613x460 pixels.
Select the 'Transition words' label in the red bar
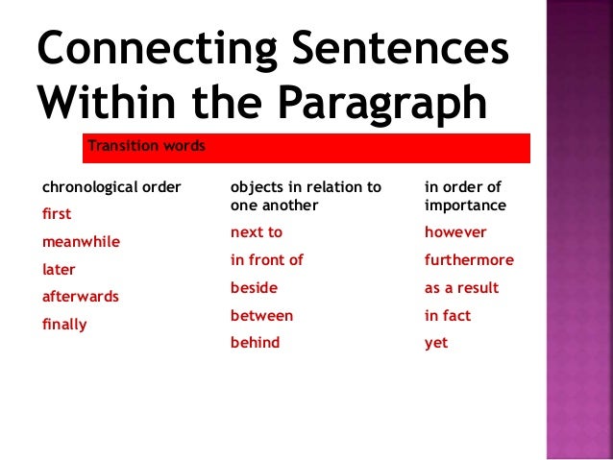(146, 146)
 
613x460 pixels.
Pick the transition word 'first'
(57, 214)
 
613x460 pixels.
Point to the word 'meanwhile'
(81, 242)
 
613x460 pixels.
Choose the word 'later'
(59, 270)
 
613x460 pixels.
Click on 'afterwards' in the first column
(81, 297)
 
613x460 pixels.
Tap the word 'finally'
(64, 325)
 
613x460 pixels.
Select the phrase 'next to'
(257, 232)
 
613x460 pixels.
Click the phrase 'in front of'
(267, 260)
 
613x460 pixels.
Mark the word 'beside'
(254, 288)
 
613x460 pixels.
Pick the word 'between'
(261, 315)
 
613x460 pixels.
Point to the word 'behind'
(255, 343)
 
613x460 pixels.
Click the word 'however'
(455, 232)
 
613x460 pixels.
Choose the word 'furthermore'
(469, 260)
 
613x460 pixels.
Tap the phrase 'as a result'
(461, 288)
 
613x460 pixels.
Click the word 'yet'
(436, 343)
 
